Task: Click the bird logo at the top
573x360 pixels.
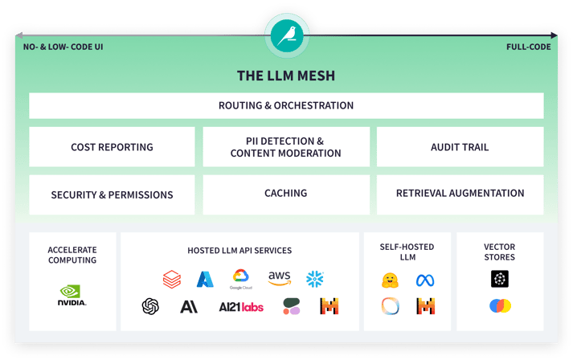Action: coord(286,35)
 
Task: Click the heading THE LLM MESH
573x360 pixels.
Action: coord(286,76)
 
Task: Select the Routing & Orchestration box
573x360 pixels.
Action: coord(286,105)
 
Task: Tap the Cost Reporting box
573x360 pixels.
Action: coord(112,147)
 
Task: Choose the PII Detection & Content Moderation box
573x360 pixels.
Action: coord(286,147)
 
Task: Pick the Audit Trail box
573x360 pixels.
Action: coord(460,147)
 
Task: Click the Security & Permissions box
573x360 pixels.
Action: coord(112,194)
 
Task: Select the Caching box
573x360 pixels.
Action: coord(286,194)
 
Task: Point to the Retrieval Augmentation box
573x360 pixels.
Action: coord(460,194)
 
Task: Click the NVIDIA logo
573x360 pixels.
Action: coord(72,296)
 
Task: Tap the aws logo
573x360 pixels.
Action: coord(279,278)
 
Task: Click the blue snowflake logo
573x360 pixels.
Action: coord(315,279)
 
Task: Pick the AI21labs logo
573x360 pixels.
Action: coord(241,307)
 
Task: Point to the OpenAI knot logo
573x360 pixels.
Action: coord(150,306)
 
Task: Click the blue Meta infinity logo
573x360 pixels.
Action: coord(425,280)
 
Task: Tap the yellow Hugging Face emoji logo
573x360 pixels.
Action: coord(390,280)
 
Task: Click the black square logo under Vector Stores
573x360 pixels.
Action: coord(500,279)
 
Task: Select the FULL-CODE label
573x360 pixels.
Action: coord(528,47)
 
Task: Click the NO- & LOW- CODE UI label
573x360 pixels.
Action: coord(63,47)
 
